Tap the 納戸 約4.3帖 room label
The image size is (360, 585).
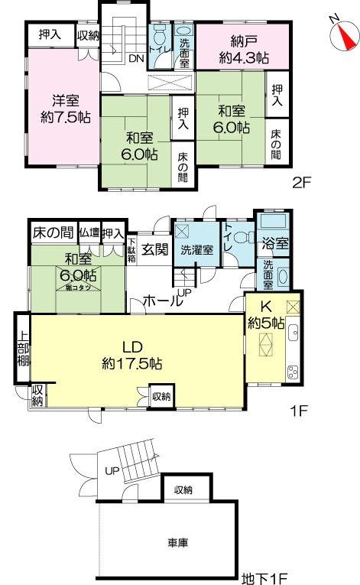coord(242,47)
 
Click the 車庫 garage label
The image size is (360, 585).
coord(178,543)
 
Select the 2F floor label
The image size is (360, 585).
coord(300,182)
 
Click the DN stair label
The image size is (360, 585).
coord(137,58)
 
